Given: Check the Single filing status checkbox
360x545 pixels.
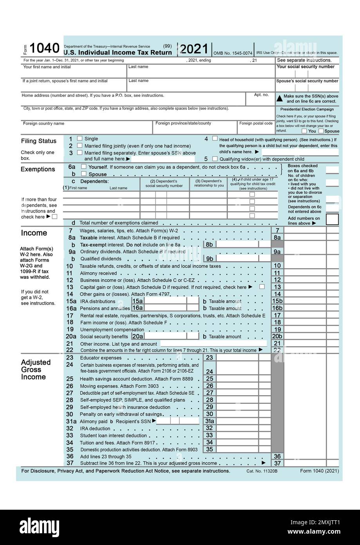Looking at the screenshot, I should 80,138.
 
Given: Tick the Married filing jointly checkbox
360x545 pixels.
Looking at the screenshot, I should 80,145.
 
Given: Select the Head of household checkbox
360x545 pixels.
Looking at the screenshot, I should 215,138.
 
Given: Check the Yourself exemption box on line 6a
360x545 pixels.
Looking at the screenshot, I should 83,167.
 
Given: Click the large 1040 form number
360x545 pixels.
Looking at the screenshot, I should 44,48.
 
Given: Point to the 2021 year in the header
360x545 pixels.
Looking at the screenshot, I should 194,49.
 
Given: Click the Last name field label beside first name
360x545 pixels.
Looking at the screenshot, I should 138,67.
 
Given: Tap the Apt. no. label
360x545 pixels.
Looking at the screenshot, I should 261,94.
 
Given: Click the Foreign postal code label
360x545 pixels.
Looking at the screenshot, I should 256,123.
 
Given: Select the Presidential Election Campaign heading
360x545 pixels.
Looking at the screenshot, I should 307,109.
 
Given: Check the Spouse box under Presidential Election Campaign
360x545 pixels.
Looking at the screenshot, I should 321,131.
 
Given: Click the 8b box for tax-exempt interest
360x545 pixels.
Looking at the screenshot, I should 209,244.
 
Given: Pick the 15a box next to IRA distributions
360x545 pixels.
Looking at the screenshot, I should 137,301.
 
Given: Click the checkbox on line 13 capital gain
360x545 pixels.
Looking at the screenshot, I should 262,287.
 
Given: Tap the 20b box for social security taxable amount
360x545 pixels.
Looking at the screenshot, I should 277,336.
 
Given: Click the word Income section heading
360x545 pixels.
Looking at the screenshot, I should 34,233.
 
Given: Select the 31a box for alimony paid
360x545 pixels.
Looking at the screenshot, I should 210,421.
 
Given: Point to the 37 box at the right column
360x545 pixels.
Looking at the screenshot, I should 277,463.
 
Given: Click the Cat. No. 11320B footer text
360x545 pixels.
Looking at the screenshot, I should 262,471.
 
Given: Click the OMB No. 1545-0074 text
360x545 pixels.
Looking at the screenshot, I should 233,53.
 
